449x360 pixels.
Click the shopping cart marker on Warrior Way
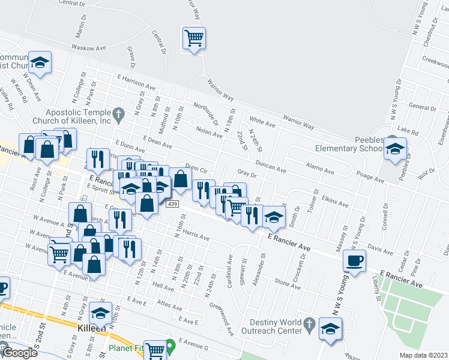coord(194,38)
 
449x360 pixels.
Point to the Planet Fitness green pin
coord(170,346)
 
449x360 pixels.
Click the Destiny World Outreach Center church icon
coord(309,324)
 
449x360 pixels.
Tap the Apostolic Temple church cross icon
coord(118,112)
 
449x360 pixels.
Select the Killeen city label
coord(92,329)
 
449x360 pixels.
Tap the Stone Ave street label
coord(287,281)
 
